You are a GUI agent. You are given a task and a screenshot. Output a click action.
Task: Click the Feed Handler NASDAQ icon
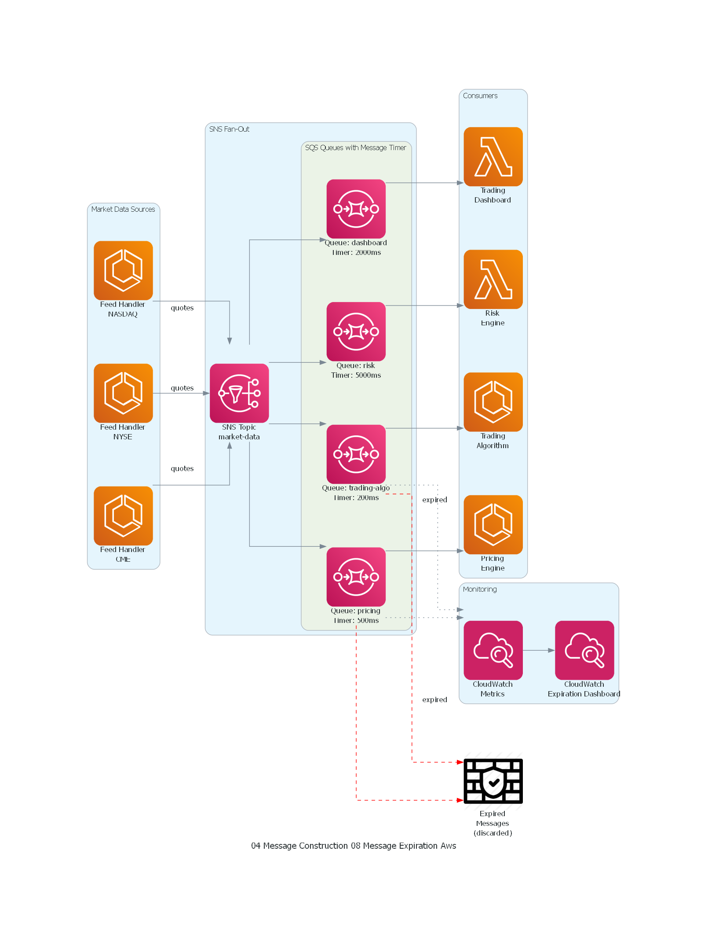[123, 270]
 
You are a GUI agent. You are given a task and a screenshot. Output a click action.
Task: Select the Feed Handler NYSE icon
[123, 393]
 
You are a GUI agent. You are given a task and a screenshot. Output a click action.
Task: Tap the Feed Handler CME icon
[123, 516]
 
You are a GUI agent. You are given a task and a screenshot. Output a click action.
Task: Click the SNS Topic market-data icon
[239, 393]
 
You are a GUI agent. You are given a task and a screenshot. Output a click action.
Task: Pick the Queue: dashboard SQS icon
[356, 209]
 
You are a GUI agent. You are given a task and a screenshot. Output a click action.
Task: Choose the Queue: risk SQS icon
[356, 331]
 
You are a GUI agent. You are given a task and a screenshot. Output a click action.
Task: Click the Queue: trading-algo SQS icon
[356, 454]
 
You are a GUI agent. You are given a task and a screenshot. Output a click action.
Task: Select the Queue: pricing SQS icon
[356, 577]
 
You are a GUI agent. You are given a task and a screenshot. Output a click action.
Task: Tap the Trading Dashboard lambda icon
[493, 157]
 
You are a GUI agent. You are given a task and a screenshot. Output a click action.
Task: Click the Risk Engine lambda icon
[493, 279]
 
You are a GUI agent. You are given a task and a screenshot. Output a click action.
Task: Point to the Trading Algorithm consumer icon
[493, 402]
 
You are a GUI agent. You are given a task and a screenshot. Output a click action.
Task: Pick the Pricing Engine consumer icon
[493, 524]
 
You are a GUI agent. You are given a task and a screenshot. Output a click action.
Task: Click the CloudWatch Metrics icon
[493, 650]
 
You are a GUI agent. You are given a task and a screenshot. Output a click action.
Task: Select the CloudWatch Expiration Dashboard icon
[584, 650]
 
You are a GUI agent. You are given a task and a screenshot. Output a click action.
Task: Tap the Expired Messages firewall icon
[493, 781]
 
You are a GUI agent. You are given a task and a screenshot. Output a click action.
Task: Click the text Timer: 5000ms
[356, 375]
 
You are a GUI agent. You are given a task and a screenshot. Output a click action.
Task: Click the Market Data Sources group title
[123, 209]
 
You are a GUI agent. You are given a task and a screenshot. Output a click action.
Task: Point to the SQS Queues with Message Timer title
[355, 147]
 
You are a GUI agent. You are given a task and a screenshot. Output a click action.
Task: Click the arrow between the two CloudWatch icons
[539, 650]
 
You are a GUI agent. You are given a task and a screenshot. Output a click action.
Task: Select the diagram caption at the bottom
[353, 846]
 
